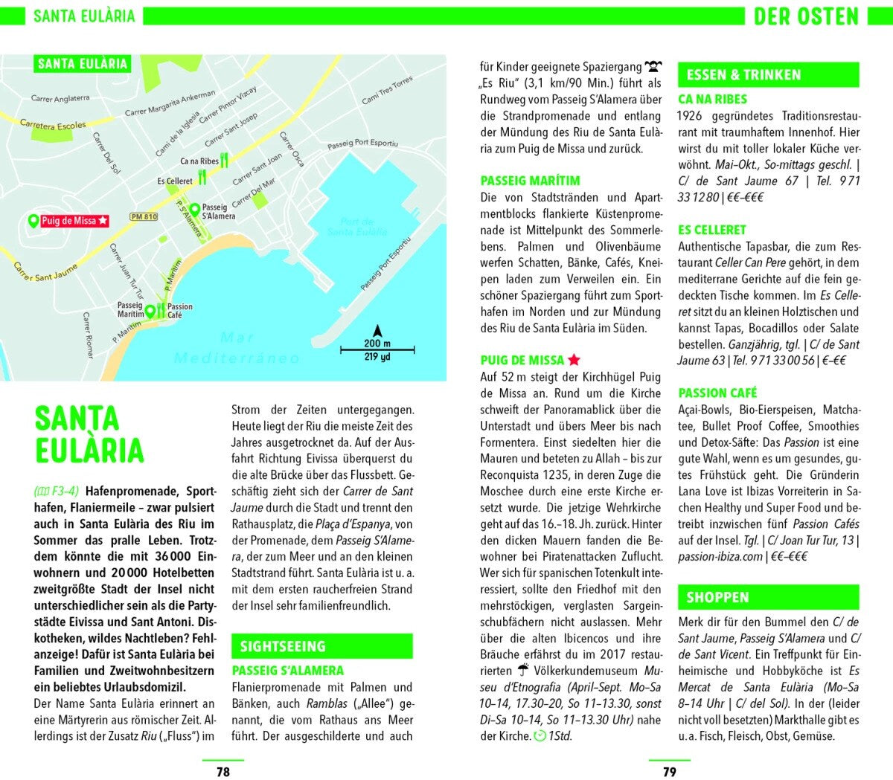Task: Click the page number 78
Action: point(223,771)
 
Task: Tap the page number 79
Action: point(670,771)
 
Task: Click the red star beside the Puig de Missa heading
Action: point(574,360)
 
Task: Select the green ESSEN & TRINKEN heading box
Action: point(767,74)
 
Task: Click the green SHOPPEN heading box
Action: point(767,597)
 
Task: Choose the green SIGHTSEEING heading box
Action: point(321,646)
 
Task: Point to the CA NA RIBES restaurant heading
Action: point(712,99)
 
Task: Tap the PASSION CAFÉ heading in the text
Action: point(717,393)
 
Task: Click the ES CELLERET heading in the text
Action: point(711,230)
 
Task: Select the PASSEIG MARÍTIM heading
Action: point(530,181)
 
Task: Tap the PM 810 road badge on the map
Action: point(144,217)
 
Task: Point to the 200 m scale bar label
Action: point(377,343)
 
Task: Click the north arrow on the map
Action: point(377,331)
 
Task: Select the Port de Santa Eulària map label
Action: point(357,227)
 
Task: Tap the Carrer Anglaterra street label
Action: point(60,98)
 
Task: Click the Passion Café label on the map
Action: point(179,311)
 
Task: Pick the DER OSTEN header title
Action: point(806,16)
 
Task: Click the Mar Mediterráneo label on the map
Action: point(237,348)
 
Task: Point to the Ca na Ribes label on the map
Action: point(199,161)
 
